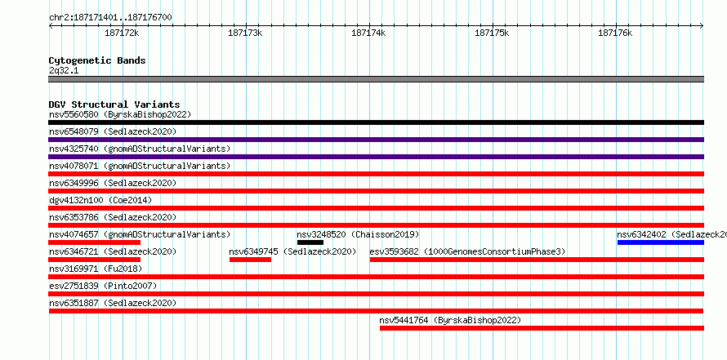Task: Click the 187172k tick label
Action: (122, 33)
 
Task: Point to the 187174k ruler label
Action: (368, 33)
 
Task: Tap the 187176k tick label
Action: (615, 33)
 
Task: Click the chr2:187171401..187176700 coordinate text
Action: (110, 18)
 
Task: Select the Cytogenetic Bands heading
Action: (97, 60)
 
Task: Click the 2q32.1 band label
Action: (64, 71)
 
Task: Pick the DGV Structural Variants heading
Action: (114, 104)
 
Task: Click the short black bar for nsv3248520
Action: (310, 242)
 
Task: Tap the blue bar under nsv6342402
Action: (661, 242)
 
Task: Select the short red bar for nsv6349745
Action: (251, 260)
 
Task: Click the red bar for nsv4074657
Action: (95, 242)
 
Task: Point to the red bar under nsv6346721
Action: (95, 260)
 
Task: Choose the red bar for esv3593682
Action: (537, 260)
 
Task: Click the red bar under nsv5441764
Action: (542, 328)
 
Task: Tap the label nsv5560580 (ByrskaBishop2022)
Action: (120, 114)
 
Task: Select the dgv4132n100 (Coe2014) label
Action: (100, 200)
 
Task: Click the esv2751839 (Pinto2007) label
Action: (103, 286)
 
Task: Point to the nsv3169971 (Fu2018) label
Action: (96, 269)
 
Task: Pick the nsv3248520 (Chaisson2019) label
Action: (358, 234)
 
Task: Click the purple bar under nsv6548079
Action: (377, 140)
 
